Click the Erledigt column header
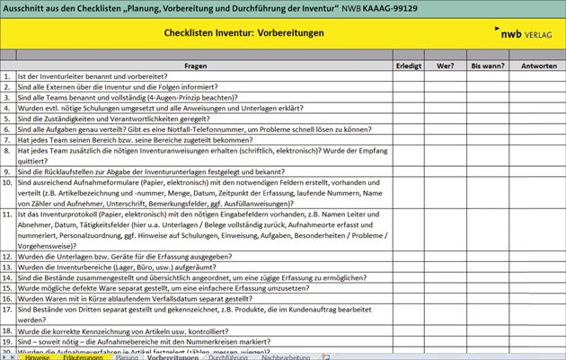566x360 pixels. (408, 66)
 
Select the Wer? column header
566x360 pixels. (445, 66)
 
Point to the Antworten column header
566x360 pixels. (538, 66)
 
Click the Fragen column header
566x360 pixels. (195, 66)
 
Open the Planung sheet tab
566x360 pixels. (127, 356)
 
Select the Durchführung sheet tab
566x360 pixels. (229, 356)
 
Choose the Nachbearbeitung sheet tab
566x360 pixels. (287, 356)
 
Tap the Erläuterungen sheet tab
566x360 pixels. (83, 356)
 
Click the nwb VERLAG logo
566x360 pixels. (530, 33)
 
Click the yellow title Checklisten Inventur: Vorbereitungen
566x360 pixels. (244, 33)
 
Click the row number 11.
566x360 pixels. (7, 215)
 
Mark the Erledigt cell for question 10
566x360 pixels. (408, 181)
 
